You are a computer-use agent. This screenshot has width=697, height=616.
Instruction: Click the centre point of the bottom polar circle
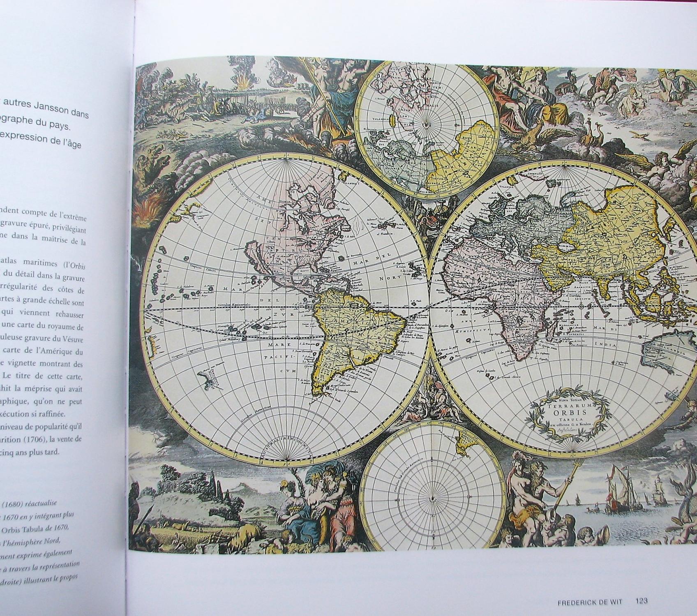click(433, 499)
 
